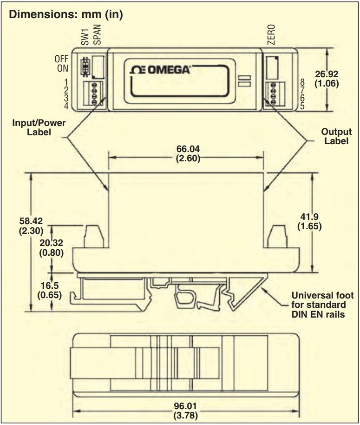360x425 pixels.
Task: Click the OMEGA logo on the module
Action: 161,70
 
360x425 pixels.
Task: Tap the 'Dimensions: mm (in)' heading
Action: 66,14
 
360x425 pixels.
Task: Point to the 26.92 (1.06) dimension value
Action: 327,79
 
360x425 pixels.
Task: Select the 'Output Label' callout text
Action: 336,136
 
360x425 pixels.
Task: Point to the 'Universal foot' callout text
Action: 322,305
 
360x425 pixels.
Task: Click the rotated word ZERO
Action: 271,34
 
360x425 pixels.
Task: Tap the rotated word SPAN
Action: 97,34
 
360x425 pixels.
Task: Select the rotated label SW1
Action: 85,36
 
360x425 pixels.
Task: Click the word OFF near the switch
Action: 61,59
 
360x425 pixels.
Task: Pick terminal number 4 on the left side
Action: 66,106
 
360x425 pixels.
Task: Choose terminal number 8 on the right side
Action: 302,83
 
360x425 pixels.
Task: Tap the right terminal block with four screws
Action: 272,93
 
